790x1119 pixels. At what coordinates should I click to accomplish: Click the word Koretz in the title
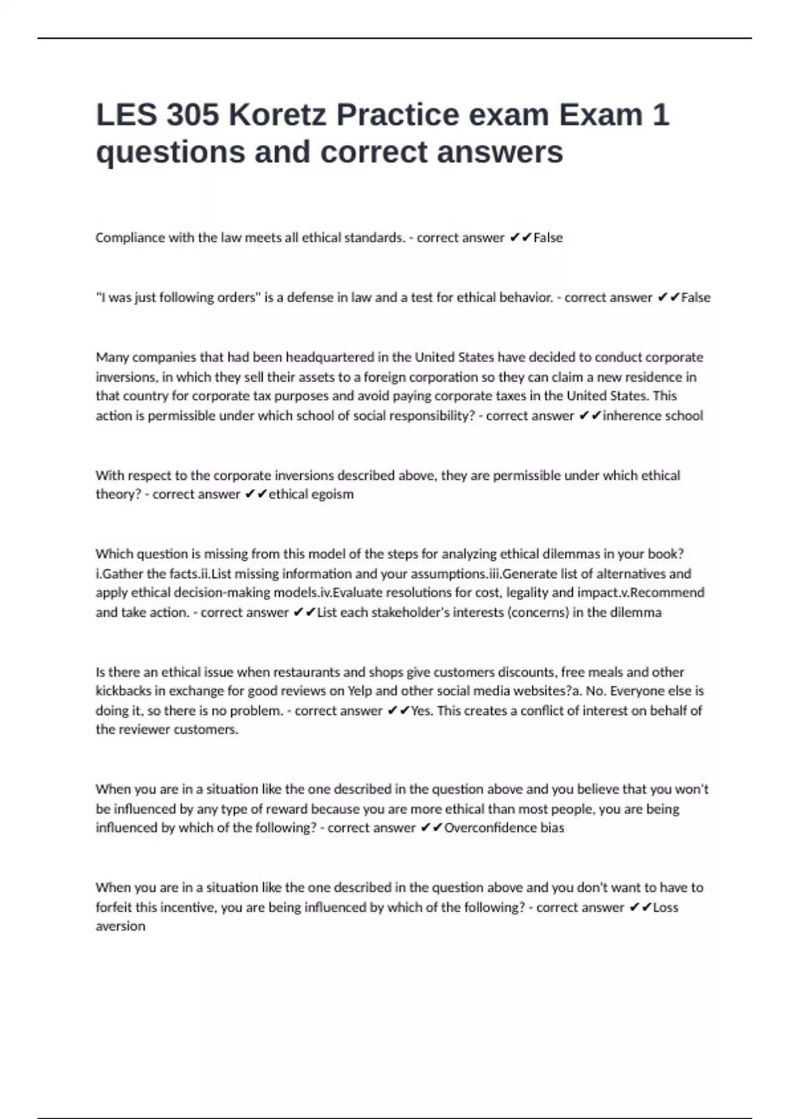(x=277, y=115)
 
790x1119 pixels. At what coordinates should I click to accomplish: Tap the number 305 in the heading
(x=192, y=115)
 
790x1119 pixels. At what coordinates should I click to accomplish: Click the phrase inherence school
(x=653, y=415)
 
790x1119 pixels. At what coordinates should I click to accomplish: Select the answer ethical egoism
(x=311, y=494)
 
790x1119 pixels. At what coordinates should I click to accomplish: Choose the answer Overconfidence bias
(x=504, y=828)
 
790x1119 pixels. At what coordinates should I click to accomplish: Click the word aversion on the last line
(x=120, y=926)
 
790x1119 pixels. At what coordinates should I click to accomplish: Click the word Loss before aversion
(x=666, y=907)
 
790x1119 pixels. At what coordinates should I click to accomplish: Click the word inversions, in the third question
(x=126, y=377)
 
